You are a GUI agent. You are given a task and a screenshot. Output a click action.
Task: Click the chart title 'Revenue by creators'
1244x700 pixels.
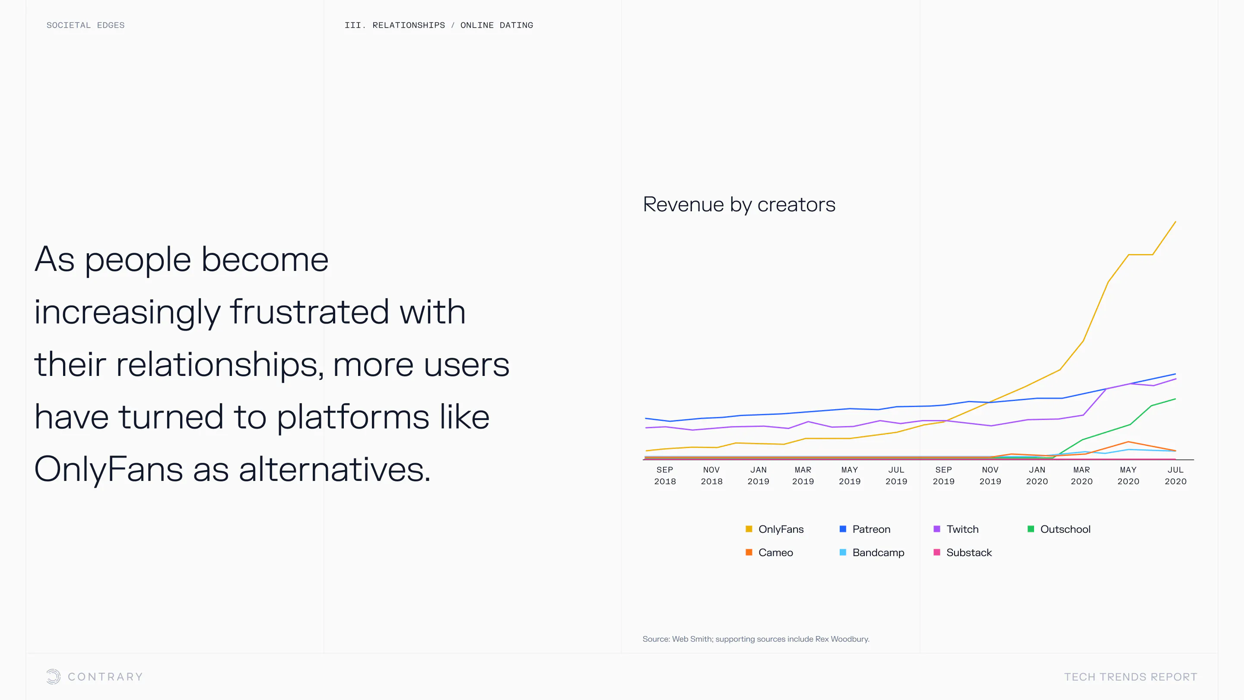(739, 205)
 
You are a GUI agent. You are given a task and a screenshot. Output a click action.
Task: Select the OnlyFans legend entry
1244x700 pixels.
(774, 529)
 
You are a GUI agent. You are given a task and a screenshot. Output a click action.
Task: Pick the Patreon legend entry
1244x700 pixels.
(865, 529)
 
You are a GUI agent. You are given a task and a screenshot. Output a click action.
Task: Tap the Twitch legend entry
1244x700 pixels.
(956, 529)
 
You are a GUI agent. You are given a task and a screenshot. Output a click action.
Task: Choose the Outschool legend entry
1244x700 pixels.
(1059, 529)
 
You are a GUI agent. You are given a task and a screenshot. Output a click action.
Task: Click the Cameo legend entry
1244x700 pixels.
(769, 552)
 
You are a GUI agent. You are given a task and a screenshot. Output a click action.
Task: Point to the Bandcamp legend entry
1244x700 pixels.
(872, 552)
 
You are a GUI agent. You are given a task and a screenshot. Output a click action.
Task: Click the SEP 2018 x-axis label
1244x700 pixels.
(665, 475)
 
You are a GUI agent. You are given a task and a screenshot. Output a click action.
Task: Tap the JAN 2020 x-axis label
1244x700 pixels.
(1037, 475)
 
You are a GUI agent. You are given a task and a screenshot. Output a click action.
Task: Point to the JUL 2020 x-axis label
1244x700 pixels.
(1175, 475)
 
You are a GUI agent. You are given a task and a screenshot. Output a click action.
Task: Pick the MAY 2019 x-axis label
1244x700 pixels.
(850, 475)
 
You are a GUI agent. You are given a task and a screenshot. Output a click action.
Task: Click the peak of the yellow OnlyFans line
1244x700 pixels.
(1175, 222)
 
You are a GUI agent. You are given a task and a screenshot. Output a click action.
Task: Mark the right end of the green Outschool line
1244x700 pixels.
(1175, 399)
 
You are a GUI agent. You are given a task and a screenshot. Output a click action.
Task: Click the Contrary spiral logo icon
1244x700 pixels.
(54, 676)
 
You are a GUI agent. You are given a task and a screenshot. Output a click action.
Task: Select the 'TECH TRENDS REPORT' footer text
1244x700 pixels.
(1130, 677)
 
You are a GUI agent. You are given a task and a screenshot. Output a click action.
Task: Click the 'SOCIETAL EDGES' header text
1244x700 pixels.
(86, 25)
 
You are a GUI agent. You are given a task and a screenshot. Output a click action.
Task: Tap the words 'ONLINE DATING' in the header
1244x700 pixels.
(496, 25)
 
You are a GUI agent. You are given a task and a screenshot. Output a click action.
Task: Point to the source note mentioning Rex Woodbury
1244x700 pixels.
(756, 639)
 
